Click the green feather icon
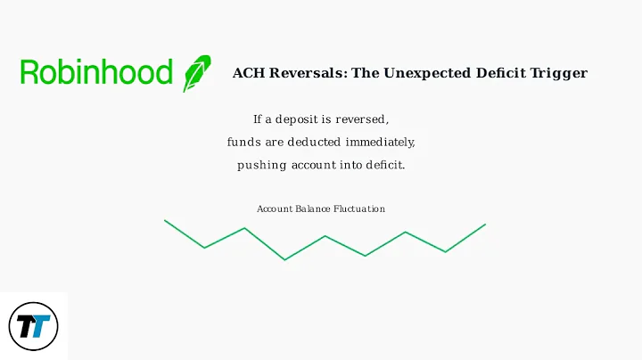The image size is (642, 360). point(197,73)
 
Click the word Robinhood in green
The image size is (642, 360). point(96,73)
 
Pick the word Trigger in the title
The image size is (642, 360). point(563,73)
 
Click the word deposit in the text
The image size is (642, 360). point(301,119)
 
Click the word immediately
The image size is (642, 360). point(382,143)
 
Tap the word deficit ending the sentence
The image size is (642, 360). point(384,166)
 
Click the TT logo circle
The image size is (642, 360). point(33,326)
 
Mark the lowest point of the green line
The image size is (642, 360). point(284,260)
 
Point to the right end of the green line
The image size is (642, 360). point(485,224)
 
